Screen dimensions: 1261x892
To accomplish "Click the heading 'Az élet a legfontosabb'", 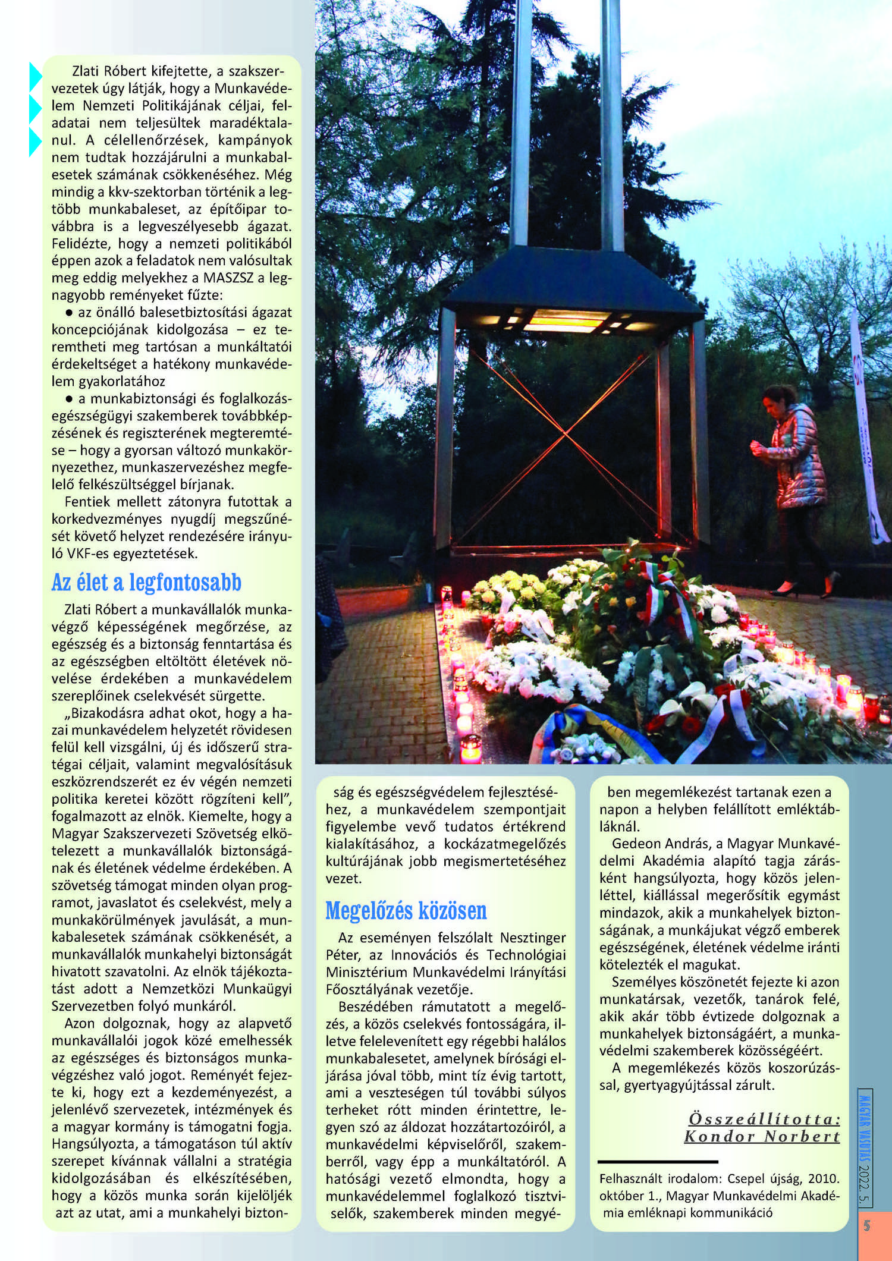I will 146,583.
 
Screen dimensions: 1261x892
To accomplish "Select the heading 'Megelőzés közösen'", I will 406,910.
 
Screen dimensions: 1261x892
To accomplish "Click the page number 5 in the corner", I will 866,1225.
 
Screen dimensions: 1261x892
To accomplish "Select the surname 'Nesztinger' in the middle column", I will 533,938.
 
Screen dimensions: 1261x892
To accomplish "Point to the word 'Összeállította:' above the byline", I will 764,1119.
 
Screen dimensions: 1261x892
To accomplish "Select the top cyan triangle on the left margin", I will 36,77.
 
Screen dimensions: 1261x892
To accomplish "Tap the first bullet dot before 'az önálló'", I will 70,312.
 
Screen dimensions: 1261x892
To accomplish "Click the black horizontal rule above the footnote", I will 658,1161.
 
